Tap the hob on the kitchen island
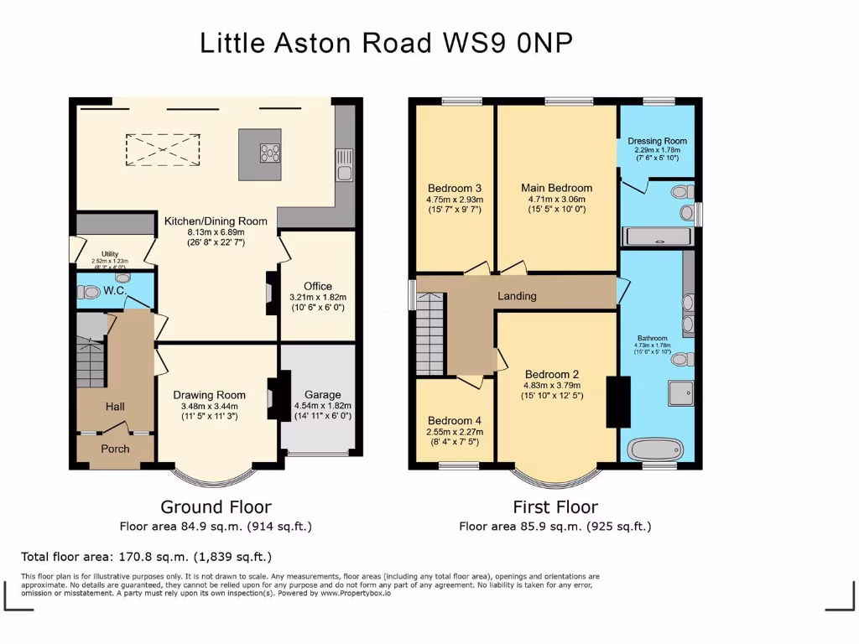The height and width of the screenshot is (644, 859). (271, 153)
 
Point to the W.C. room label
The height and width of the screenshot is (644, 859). (114, 291)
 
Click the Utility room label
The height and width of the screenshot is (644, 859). (111, 253)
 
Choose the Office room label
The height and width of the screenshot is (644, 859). (318, 286)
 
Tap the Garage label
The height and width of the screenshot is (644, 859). (322, 394)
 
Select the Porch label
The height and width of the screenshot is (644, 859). (115, 449)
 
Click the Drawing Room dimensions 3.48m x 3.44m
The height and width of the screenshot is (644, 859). (209, 406)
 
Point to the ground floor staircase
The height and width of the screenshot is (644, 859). (90, 356)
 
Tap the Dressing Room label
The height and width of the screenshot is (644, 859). (657, 141)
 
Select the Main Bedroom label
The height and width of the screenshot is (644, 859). (556, 188)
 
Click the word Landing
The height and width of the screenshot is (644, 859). (517, 296)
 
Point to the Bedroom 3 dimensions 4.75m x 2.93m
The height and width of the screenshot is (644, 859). (455, 200)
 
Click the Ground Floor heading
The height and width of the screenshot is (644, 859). (216, 506)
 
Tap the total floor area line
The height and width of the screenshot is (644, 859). (146, 557)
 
